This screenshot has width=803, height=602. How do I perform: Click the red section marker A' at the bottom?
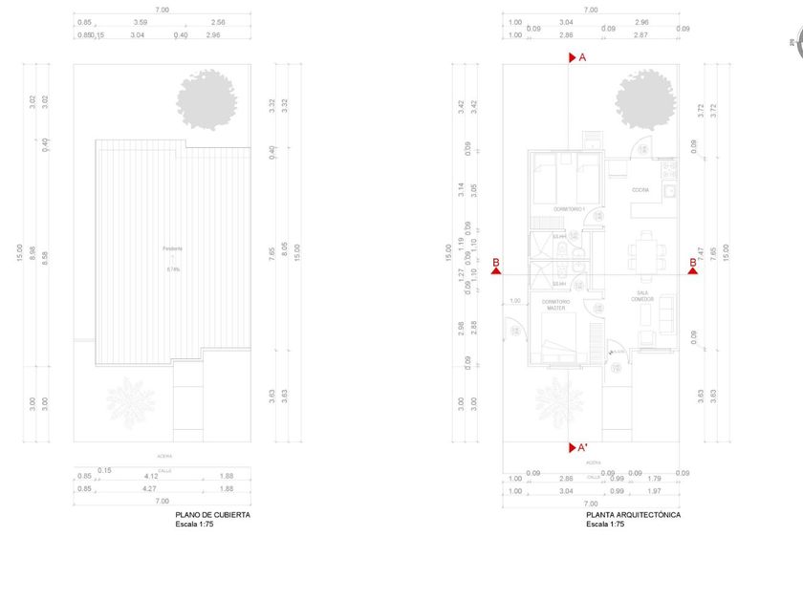(x=573, y=447)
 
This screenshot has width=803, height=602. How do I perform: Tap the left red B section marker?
(x=497, y=269)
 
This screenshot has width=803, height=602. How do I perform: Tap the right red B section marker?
(x=692, y=269)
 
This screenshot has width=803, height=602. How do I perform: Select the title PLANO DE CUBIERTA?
(x=213, y=515)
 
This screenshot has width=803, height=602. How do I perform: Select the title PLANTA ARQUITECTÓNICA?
(x=633, y=515)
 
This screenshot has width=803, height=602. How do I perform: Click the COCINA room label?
(x=640, y=190)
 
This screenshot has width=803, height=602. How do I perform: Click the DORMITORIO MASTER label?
(x=555, y=305)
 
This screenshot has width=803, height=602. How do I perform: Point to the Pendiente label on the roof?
(x=173, y=248)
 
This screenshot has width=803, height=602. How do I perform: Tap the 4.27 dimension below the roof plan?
(x=150, y=488)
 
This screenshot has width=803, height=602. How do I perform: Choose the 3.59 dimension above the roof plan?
(x=141, y=22)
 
